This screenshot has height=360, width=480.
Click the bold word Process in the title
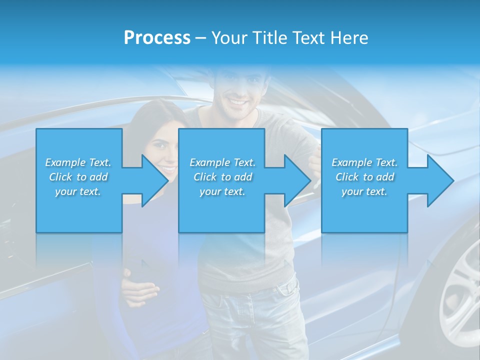coord(157,38)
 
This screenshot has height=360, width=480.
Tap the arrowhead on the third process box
coord(439,180)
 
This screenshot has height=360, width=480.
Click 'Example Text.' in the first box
coord(78,162)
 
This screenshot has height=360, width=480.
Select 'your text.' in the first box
coord(78,191)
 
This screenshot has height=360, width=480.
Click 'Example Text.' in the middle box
coord(222,162)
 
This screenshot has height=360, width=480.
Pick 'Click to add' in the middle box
coord(222,177)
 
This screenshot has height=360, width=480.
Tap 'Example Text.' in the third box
coord(364,162)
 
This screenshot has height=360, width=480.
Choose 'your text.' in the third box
coord(364,191)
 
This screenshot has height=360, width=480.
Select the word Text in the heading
coord(308,38)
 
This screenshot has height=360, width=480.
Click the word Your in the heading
coord(228,38)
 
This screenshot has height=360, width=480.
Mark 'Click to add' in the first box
coord(78,177)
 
